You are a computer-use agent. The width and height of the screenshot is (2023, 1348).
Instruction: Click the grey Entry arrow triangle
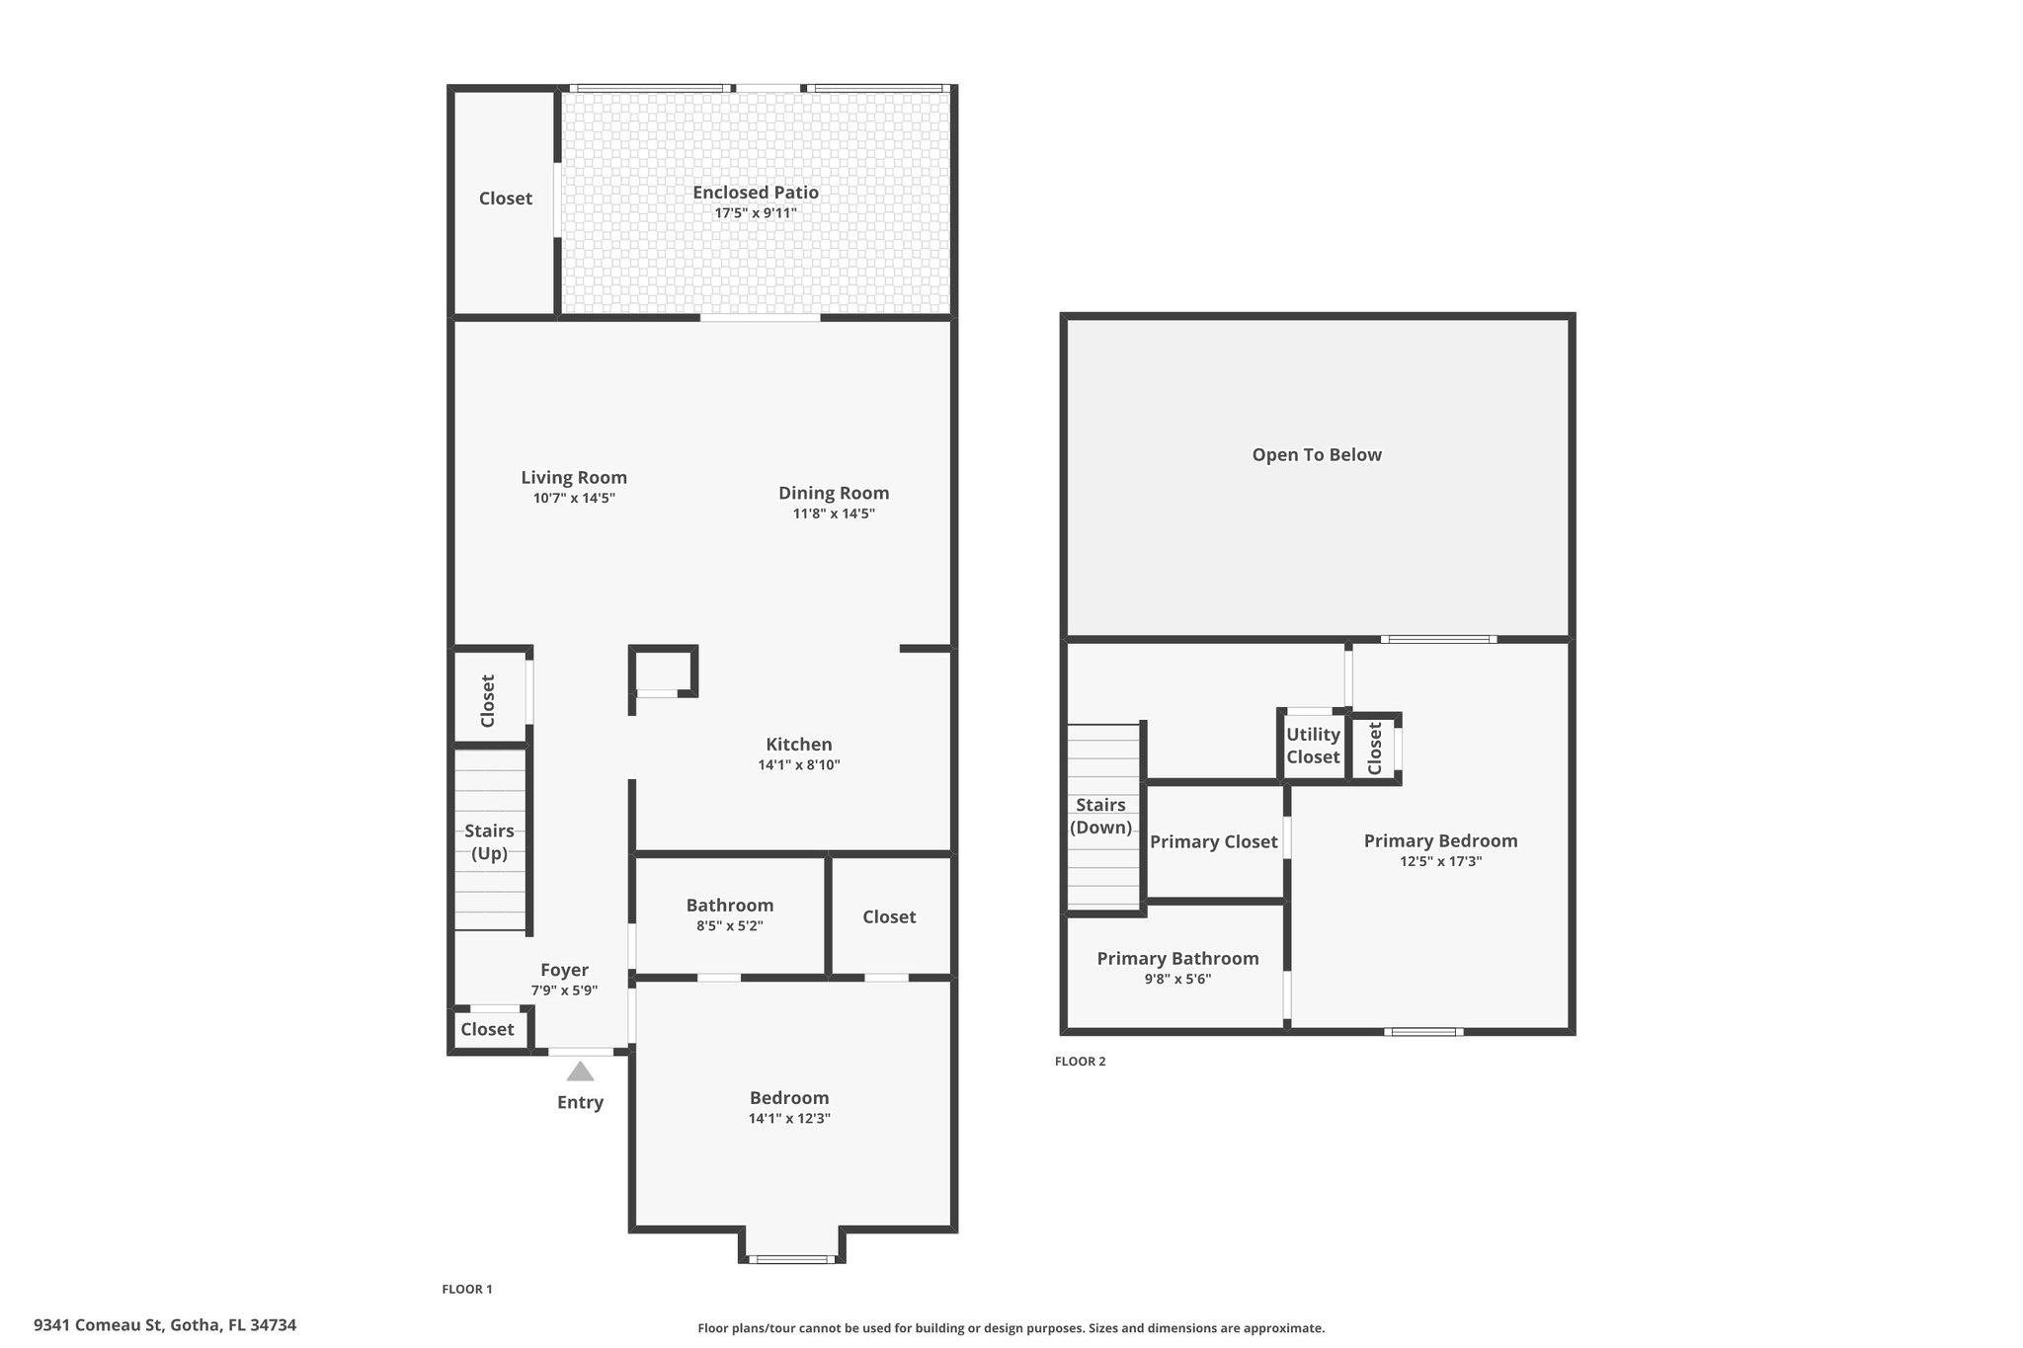[x=580, y=1071]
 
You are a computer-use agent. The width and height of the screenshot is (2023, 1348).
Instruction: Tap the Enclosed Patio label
[x=756, y=193]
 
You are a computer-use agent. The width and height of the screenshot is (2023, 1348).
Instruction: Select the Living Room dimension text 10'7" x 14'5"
[x=574, y=499]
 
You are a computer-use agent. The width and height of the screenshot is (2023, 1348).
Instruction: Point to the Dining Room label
[x=834, y=493]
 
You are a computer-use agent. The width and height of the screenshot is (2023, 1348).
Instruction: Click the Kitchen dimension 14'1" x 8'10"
[x=799, y=764]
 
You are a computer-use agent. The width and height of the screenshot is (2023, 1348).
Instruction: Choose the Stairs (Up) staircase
[x=490, y=839]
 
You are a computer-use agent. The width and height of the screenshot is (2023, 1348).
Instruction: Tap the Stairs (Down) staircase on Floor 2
[x=1103, y=817]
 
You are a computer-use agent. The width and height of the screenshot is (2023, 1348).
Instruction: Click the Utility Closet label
[x=1313, y=746]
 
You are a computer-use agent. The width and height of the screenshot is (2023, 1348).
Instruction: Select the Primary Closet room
[x=1214, y=841]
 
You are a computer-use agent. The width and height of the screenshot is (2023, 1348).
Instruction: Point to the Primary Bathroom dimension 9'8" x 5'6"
[x=1177, y=980]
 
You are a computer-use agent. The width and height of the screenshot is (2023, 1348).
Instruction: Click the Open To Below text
[x=1317, y=455]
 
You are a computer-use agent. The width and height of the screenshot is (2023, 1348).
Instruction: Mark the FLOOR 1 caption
[x=466, y=1289]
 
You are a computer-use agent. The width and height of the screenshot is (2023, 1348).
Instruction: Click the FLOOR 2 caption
[x=1080, y=1062]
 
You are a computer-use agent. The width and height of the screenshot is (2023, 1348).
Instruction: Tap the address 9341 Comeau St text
[x=99, y=1325]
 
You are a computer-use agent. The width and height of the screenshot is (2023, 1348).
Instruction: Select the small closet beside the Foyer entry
[x=488, y=1029]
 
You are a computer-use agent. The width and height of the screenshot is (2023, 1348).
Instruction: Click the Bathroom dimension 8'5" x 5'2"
[x=730, y=926]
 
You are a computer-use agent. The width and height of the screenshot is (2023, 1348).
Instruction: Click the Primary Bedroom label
[x=1440, y=841]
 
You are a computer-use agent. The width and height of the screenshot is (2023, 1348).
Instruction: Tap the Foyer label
[x=564, y=971]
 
